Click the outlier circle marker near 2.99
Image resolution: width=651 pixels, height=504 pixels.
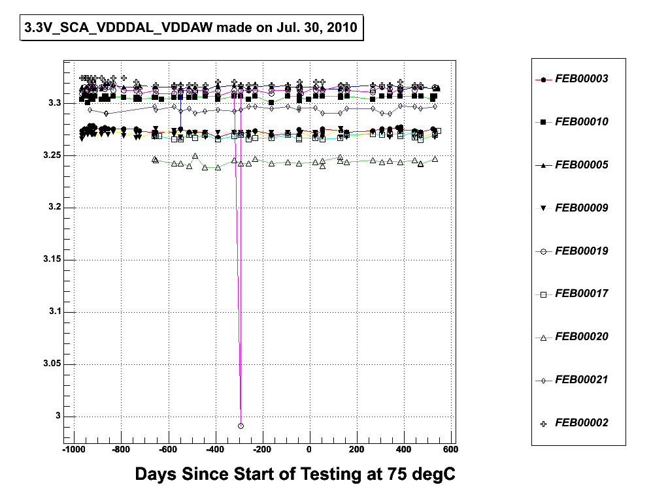click(x=241, y=426)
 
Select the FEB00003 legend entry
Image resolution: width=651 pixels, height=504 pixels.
click(x=581, y=79)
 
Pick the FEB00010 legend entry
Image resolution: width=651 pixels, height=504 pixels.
click(x=581, y=122)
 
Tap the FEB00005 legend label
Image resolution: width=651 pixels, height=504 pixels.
click(x=581, y=165)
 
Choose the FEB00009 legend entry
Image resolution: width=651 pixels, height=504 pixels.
click(x=581, y=208)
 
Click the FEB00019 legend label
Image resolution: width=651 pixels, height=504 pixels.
click(x=581, y=251)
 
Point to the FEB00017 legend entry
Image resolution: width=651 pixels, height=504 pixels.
click(x=581, y=294)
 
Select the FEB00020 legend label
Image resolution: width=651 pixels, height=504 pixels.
click(x=581, y=337)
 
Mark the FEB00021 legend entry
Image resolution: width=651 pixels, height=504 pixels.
click(x=581, y=380)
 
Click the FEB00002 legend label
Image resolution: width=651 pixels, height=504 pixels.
click(x=581, y=423)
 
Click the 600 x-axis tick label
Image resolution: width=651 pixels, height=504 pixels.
click(x=450, y=449)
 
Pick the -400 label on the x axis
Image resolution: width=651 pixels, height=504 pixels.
click(x=214, y=449)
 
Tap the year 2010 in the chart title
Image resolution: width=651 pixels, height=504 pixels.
click(x=338, y=28)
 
